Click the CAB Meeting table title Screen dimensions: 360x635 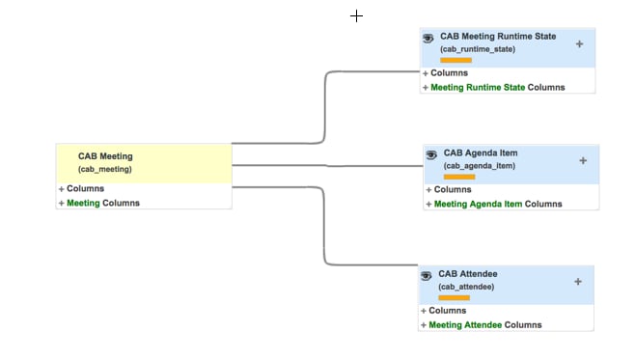click(x=105, y=155)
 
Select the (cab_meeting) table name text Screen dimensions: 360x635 click(x=105, y=169)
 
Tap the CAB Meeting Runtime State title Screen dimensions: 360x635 click(x=498, y=37)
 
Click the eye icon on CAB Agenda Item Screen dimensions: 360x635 click(x=431, y=153)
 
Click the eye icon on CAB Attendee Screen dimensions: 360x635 click(x=426, y=275)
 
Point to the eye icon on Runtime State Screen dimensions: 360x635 click(x=428, y=38)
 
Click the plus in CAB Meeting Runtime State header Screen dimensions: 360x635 click(x=579, y=43)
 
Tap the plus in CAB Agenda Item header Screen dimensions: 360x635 click(x=583, y=160)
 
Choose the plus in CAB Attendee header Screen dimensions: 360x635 click(x=578, y=282)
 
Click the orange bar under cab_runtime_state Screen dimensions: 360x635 click(x=456, y=60)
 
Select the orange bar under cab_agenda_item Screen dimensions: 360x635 click(x=459, y=177)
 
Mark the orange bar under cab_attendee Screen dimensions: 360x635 click(x=454, y=297)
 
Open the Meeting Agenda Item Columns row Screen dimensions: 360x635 click(x=497, y=204)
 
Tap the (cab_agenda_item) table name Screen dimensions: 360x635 click(x=480, y=166)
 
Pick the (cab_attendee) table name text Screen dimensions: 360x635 click(x=466, y=287)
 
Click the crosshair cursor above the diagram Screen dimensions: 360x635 click(x=356, y=15)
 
